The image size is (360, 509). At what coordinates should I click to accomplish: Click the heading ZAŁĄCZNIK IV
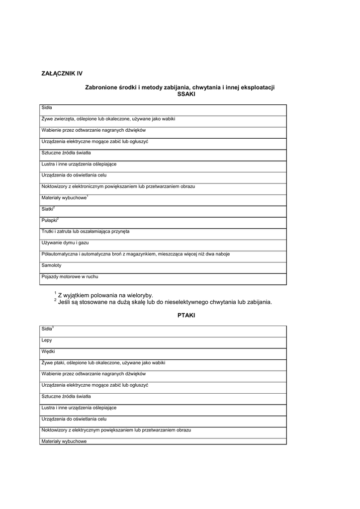coord(62,74)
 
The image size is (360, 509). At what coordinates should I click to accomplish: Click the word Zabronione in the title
coord(101,87)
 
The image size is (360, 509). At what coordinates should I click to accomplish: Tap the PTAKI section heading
coord(186,316)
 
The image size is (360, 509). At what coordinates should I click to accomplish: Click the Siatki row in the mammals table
coord(48,209)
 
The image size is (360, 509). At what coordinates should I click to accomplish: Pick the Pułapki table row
coord(50,220)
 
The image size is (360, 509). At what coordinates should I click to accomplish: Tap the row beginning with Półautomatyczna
coord(136,254)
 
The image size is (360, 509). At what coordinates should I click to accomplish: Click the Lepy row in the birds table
coord(47,340)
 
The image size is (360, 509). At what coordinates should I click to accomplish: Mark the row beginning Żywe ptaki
coord(103,363)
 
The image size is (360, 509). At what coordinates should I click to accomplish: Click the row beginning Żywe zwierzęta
coord(108,119)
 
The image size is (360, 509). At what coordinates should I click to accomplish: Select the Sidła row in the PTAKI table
coord(47,329)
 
